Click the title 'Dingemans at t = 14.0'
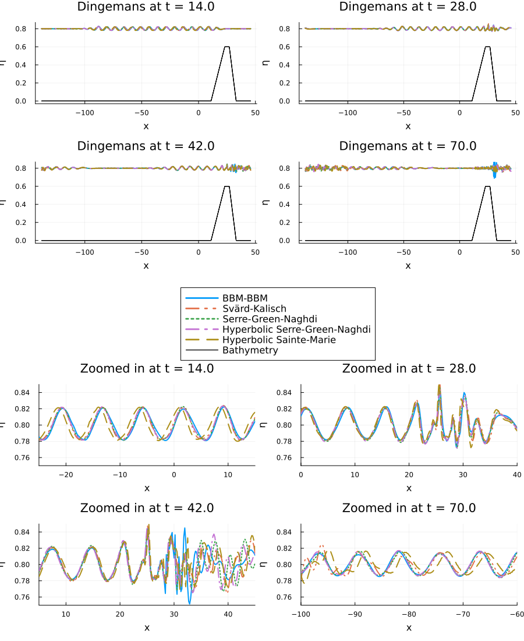146,6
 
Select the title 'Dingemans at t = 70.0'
408,146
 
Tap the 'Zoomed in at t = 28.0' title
409,368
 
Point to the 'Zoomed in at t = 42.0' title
147,508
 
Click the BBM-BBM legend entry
245,298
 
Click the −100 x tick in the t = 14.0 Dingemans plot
84,112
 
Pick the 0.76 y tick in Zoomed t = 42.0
29,597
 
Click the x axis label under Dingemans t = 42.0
146,266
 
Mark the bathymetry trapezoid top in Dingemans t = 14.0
227,47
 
